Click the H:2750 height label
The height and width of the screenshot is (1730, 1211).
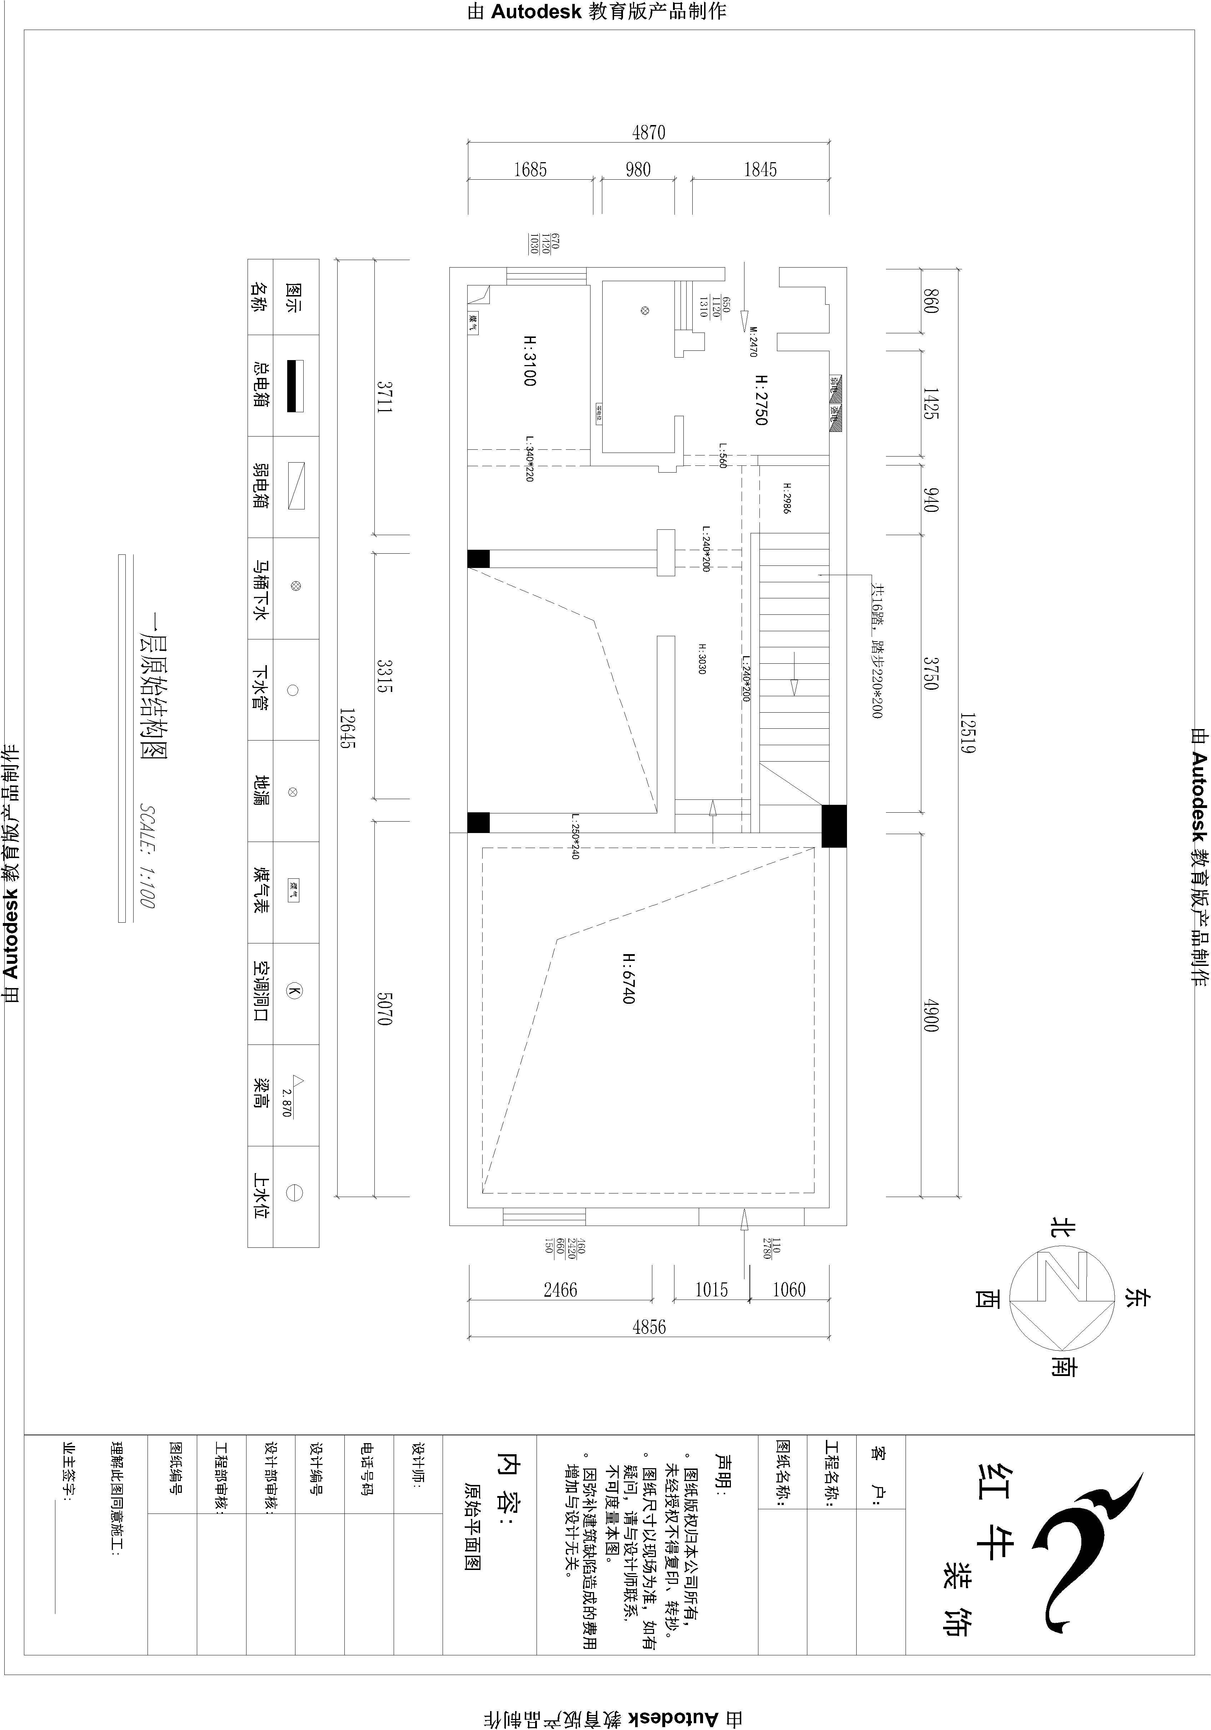761,399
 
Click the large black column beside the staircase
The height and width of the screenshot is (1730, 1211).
833,826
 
